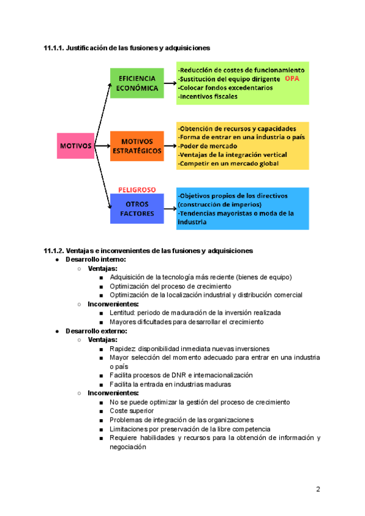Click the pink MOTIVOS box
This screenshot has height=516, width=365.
pyautogui.click(x=75, y=146)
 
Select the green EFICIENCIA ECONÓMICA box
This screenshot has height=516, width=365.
pyautogui.click(x=137, y=83)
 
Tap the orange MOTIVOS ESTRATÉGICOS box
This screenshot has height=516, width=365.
pyautogui.click(x=137, y=145)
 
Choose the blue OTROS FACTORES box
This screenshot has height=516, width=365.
pyautogui.click(x=137, y=209)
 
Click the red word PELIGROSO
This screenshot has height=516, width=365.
pyautogui.click(x=137, y=190)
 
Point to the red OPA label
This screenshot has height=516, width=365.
pyautogui.click(x=293, y=79)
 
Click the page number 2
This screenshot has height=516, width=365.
pyautogui.click(x=318, y=489)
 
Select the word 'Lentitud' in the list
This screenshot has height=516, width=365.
pyautogui.click(x=123, y=313)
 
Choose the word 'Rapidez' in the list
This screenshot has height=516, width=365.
pyautogui.click(x=123, y=349)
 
